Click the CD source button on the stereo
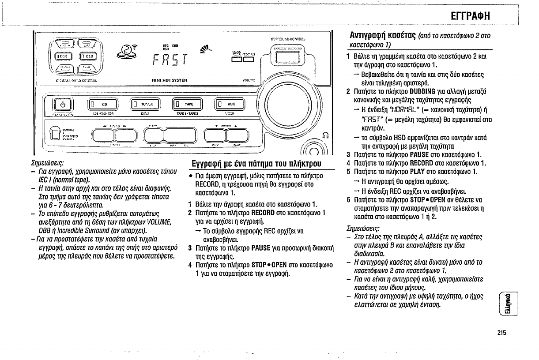103,105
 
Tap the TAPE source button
187,105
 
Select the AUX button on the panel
229,105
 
